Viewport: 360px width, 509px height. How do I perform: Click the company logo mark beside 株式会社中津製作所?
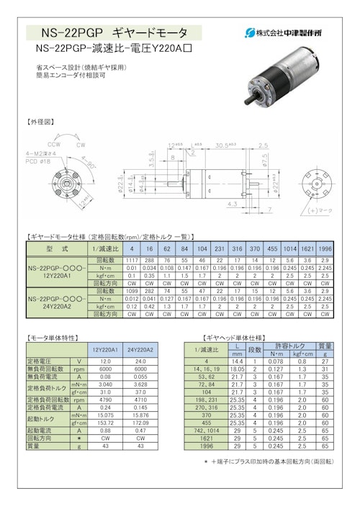251,32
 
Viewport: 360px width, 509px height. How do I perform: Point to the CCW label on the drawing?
53,143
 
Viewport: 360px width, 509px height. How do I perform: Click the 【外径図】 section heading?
40,122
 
